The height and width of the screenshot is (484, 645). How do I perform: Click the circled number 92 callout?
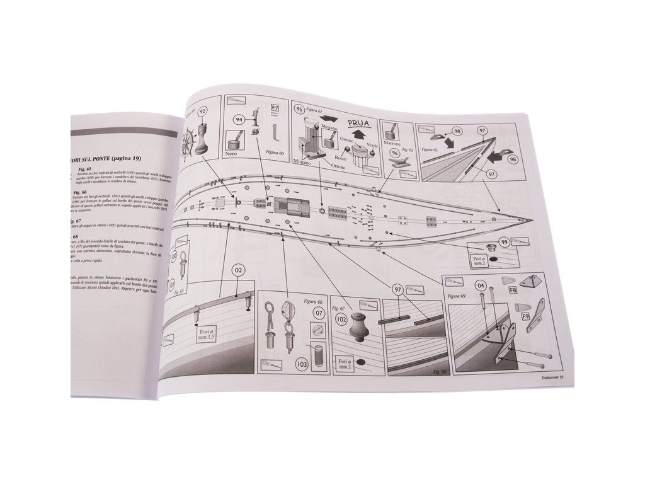click(203, 112)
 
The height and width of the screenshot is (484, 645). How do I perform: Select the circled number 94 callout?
click(240, 118)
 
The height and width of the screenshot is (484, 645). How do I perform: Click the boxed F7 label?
click(275, 108)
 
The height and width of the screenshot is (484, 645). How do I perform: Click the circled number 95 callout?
click(300, 108)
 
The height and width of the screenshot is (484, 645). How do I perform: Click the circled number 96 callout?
click(394, 153)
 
